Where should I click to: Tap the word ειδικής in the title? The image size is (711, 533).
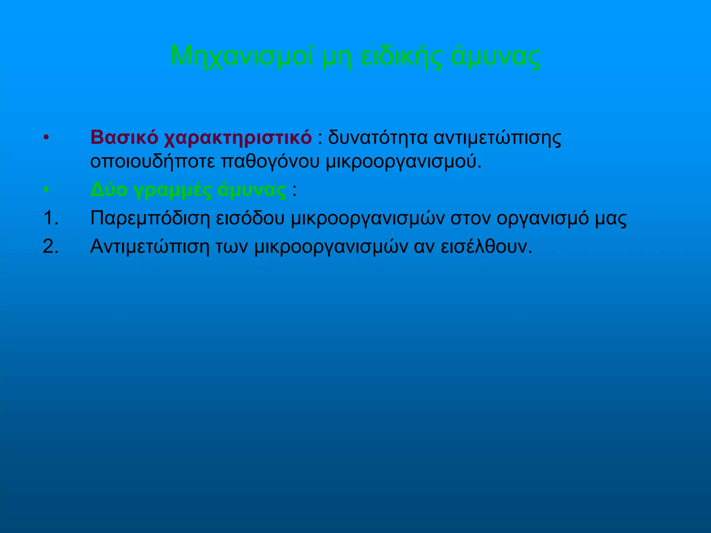[x=401, y=57]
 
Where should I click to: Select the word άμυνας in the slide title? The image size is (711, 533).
[x=495, y=57]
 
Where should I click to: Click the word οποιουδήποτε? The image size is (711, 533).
[x=152, y=162]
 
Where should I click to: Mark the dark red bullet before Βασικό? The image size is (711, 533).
[x=47, y=138]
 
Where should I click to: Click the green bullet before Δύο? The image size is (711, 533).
[x=47, y=190]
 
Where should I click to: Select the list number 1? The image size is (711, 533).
[x=51, y=218]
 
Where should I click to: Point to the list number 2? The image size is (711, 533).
[x=51, y=247]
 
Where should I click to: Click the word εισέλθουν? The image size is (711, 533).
[x=486, y=247]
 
